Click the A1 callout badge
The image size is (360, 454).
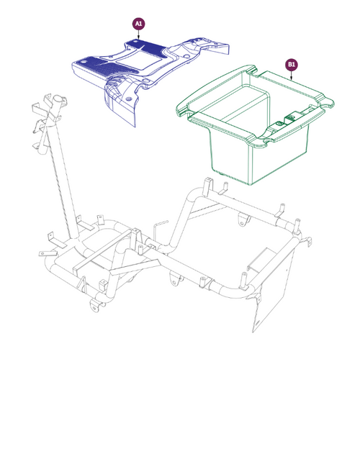[138, 24]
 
